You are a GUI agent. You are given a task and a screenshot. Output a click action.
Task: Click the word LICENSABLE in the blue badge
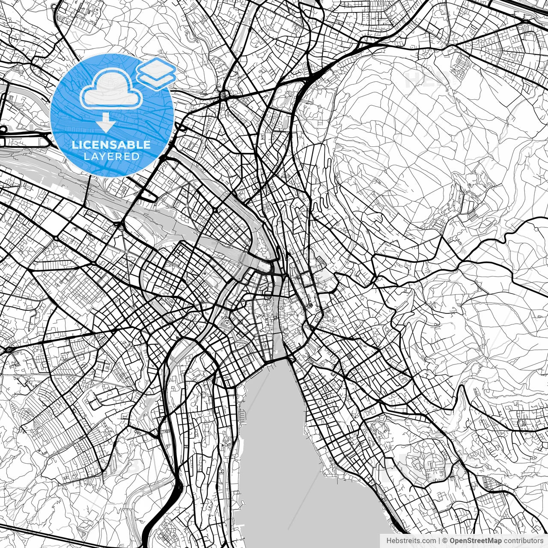[111, 145]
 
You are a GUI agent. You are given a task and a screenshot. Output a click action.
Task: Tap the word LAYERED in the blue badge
[111, 156]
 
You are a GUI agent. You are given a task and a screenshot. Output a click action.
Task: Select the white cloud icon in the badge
[111, 88]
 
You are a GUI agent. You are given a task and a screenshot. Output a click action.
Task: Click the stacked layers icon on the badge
[156, 73]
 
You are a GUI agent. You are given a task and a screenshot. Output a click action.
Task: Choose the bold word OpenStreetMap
[476, 541]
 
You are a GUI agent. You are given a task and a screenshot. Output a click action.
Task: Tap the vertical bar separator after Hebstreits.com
[440, 541]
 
